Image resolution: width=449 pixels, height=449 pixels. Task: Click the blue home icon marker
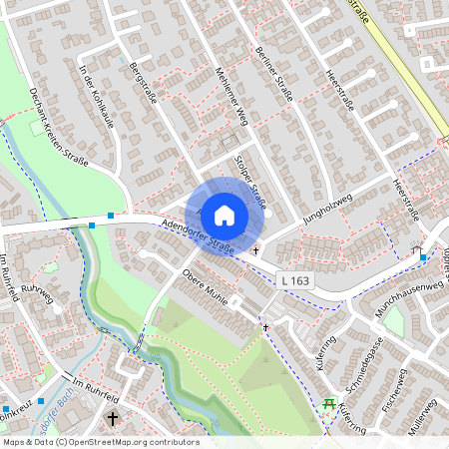tap(224, 214)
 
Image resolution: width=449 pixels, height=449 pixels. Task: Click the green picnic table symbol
tap(328, 403)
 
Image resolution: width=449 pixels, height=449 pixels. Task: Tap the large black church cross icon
tap(112, 419)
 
